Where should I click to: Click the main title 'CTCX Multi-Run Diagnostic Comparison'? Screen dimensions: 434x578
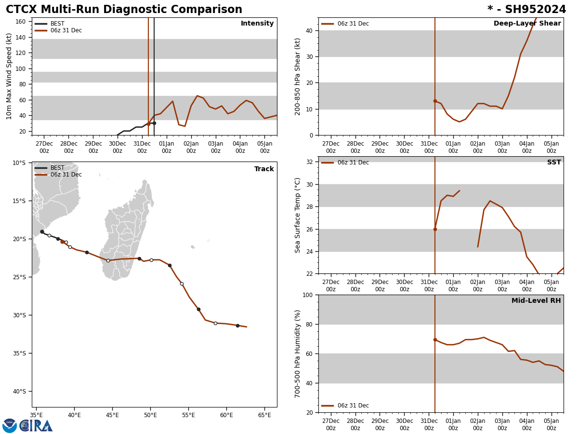click(x=124, y=10)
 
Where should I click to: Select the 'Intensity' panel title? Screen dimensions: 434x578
click(x=257, y=24)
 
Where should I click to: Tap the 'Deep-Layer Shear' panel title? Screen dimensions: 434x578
click(x=527, y=24)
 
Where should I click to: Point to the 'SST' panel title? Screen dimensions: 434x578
click(x=554, y=163)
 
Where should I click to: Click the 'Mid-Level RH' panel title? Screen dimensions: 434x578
click(x=536, y=301)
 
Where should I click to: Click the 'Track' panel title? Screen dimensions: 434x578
click(x=264, y=169)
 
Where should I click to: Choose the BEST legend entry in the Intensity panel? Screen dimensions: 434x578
click(x=57, y=24)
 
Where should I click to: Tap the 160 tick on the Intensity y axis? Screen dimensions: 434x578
click(x=20, y=22)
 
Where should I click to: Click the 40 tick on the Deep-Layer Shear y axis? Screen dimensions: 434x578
click(x=309, y=31)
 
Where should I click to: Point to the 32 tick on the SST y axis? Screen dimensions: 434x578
click(x=309, y=162)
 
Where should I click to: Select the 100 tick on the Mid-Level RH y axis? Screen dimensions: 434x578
click(x=307, y=295)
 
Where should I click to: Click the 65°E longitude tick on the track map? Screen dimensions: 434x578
click(x=264, y=415)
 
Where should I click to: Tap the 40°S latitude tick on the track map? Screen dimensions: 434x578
click(x=19, y=392)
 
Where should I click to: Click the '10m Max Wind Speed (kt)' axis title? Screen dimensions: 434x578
click(x=10, y=76)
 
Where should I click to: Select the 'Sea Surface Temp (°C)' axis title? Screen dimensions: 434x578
click(x=298, y=215)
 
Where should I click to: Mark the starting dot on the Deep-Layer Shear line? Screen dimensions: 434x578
click(x=435, y=101)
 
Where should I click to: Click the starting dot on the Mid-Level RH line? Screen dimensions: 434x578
click(x=435, y=339)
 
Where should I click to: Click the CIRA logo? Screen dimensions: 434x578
click(x=36, y=426)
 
